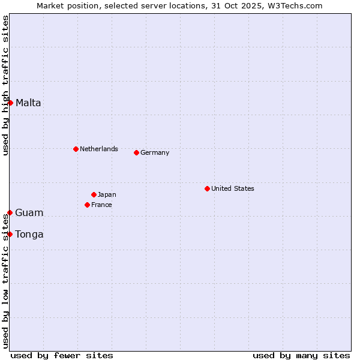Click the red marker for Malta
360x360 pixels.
[10, 103]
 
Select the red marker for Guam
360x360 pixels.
[10, 212]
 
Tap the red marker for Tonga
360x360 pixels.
[10, 234]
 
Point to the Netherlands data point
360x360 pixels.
[76, 149]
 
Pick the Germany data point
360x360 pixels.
[136, 152]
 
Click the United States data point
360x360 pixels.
[207, 188]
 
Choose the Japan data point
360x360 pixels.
[94, 194]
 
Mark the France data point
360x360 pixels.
[87, 205]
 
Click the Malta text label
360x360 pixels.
[28, 103]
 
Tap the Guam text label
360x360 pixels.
[29, 212]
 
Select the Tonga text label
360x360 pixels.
[29, 234]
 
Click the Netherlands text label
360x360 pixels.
[98, 149]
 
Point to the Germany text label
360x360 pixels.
[155, 152]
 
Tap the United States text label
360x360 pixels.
[232, 188]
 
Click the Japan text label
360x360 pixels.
[107, 194]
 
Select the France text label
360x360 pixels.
[101, 205]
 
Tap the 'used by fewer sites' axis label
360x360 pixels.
[62, 355]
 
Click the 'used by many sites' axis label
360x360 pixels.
[301, 355]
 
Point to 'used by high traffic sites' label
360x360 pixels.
[5, 85]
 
